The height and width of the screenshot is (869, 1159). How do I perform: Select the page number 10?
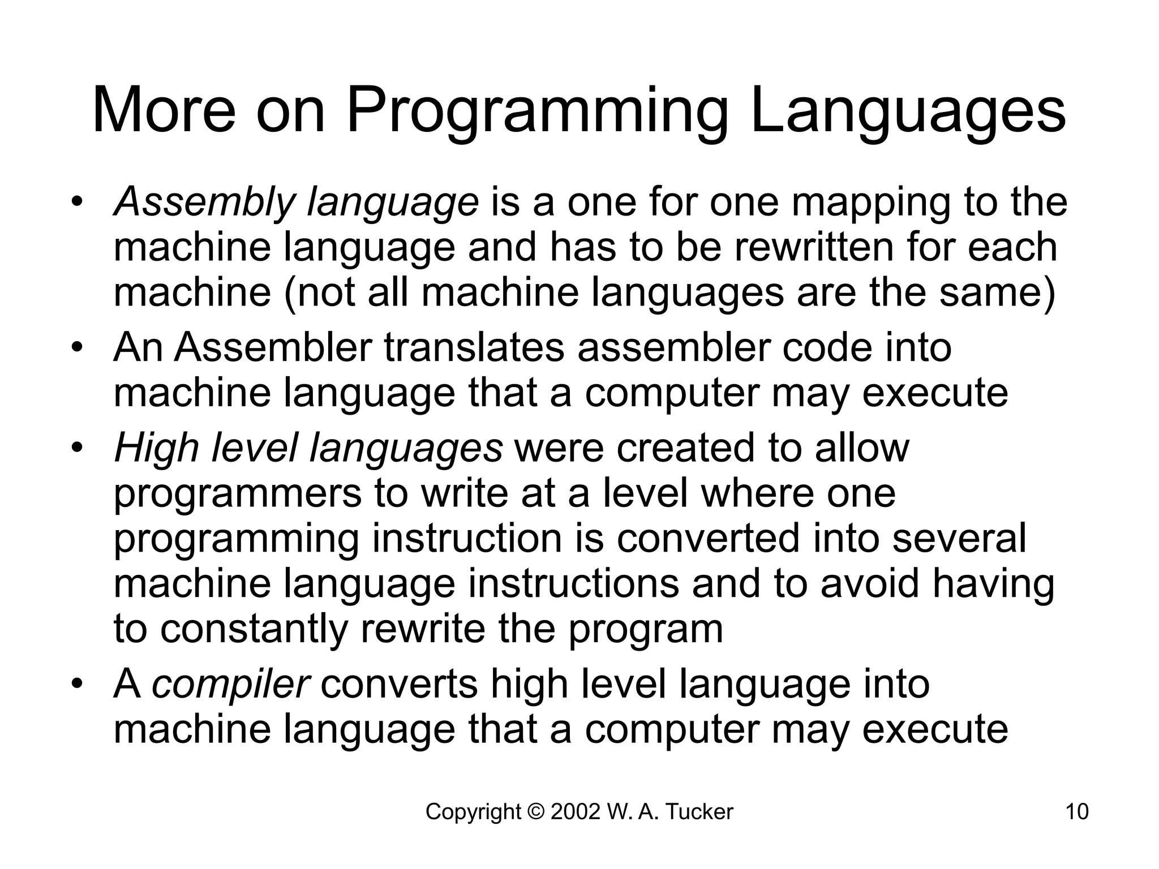[1077, 812]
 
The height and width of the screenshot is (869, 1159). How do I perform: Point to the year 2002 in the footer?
[575, 812]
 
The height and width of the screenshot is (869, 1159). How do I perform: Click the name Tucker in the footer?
[698, 812]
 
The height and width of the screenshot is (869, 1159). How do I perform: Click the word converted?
[708, 538]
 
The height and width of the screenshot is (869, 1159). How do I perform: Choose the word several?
[959, 538]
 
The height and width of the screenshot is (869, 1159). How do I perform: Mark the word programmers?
[238, 494]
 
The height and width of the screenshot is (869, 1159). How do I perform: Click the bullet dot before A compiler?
[78, 682]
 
